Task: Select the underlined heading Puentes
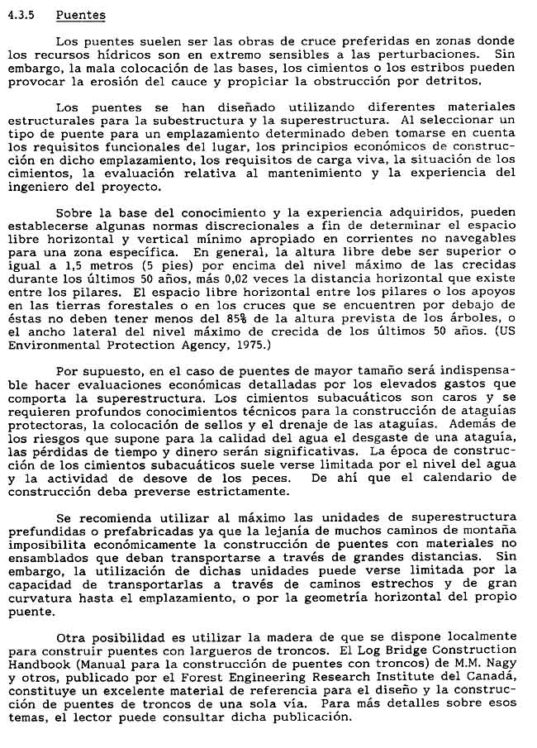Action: (80, 15)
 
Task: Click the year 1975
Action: (252, 342)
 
